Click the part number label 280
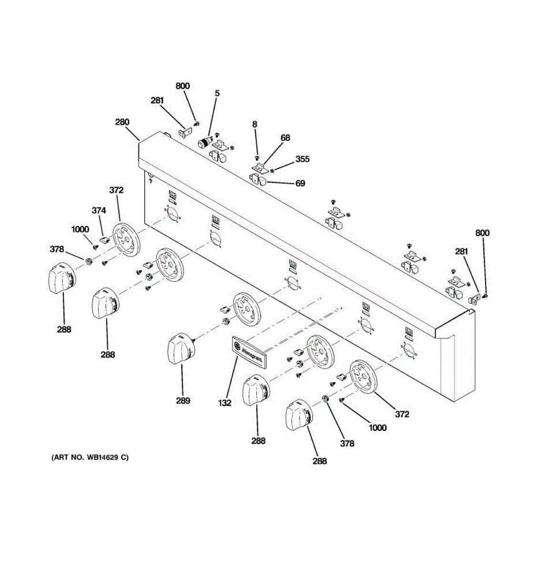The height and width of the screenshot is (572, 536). click(122, 122)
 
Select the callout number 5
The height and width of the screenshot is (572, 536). click(217, 93)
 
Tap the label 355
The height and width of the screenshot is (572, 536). click(302, 159)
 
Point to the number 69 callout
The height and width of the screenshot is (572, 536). click(300, 183)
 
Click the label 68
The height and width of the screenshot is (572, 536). click(285, 138)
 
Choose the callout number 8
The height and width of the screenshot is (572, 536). click(255, 124)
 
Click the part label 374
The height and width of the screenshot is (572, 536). click(99, 210)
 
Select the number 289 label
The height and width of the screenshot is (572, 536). click(183, 400)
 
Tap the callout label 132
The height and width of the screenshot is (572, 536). click(225, 403)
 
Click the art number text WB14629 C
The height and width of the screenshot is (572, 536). click(90, 458)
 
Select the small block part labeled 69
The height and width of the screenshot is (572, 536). click(260, 181)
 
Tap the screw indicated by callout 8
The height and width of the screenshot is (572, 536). click(257, 158)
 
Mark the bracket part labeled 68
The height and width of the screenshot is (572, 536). click(259, 167)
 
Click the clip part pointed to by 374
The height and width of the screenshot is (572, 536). click(105, 237)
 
